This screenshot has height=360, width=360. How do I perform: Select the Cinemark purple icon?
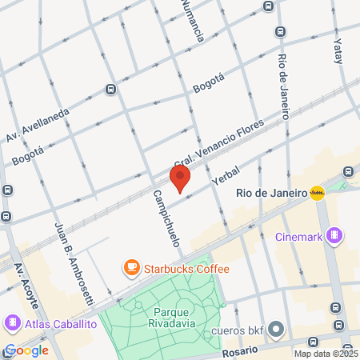pyautogui.click(x=334, y=236)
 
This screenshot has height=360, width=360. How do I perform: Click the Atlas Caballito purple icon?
pyautogui.click(x=13, y=324)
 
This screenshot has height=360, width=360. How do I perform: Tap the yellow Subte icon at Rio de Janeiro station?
pyautogui.click(x=318, y=192)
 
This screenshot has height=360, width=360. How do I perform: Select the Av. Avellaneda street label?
pyautogui.click(x=38, y=122)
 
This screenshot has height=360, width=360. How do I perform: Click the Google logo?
pyautogui.click(x=26, y=350)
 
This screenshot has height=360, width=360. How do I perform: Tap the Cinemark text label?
pyautogui.click(x=298, y=236)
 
